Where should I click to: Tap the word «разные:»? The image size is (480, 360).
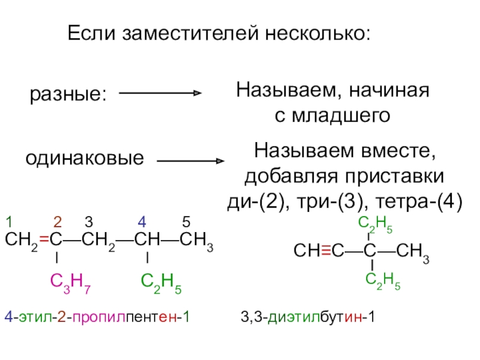[x=68, y=94]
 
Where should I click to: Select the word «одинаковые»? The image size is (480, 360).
[x=85, y=159]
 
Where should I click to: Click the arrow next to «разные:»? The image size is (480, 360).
[x=160, y=93]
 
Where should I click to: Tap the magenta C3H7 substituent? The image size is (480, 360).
[x=70, y=281]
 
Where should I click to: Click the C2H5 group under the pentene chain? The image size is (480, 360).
[x=161, y=281]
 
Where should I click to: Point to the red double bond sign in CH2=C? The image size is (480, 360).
[x=44, y=241]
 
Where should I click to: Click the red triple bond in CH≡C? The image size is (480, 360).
[x=326, y=250]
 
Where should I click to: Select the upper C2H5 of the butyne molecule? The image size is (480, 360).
[x=376, y=226]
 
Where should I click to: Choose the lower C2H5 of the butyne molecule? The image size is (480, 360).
[x=383, y=278]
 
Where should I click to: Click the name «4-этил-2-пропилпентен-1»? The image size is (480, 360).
[x=96, y=316]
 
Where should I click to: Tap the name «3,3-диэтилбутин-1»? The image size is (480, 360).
[x=307, y=316]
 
